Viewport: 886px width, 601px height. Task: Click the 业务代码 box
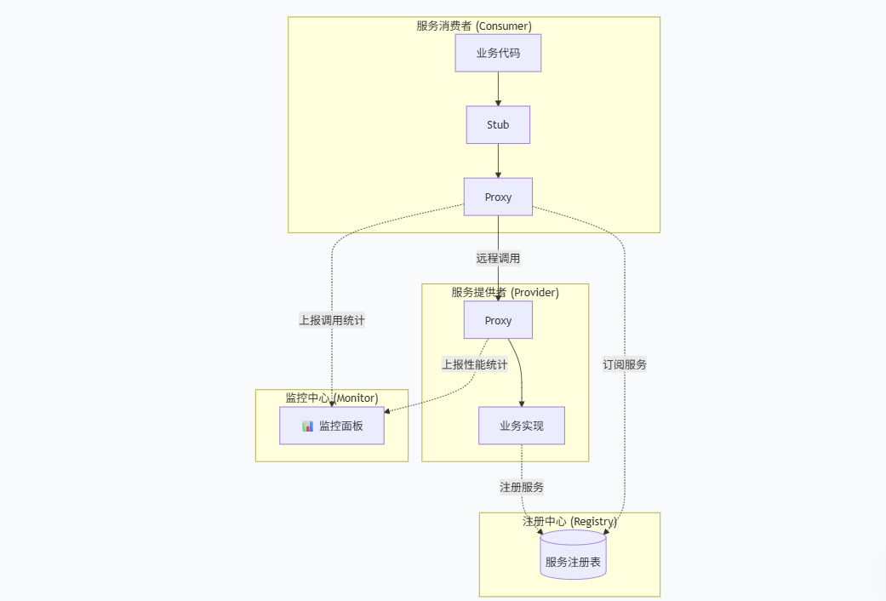498,53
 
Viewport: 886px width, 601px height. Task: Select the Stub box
498,124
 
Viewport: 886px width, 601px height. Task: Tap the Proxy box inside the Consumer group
498,197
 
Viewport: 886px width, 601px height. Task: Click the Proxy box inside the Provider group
498,320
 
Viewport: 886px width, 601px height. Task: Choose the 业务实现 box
521,426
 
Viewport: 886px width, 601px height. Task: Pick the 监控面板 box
332,426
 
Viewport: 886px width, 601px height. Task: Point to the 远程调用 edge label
498,258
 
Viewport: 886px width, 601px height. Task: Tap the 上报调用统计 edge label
332,320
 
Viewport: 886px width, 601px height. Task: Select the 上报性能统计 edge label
474,364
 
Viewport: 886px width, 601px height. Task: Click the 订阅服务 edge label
625,364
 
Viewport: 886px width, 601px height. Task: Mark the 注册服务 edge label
522,487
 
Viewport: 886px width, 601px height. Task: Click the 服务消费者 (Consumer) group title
474,26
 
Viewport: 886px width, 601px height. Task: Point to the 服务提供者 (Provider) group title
505,292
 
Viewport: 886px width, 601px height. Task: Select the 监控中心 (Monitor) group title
332,398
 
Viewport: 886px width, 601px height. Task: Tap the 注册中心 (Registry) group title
569,521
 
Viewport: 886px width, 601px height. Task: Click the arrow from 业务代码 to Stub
498,89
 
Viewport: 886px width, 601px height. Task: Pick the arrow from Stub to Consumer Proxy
498,160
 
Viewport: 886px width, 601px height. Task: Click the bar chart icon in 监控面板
308,426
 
